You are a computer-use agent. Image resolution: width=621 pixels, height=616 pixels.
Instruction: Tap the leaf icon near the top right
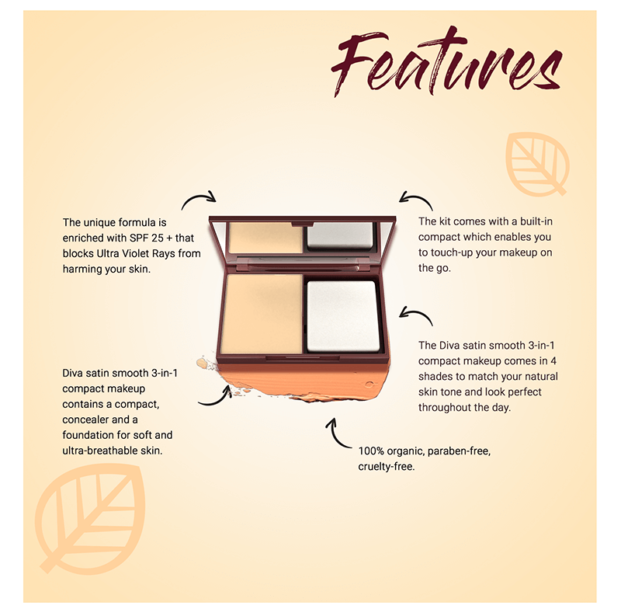[537, 163]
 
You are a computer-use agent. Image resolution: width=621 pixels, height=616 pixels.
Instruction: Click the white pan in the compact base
[343, 315]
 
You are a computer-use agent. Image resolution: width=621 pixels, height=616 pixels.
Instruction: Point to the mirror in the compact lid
[303, 236]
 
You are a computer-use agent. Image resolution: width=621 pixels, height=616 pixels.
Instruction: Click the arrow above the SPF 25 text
[198, 200]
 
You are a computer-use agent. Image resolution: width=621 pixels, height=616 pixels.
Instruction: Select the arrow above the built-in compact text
[415, 200]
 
